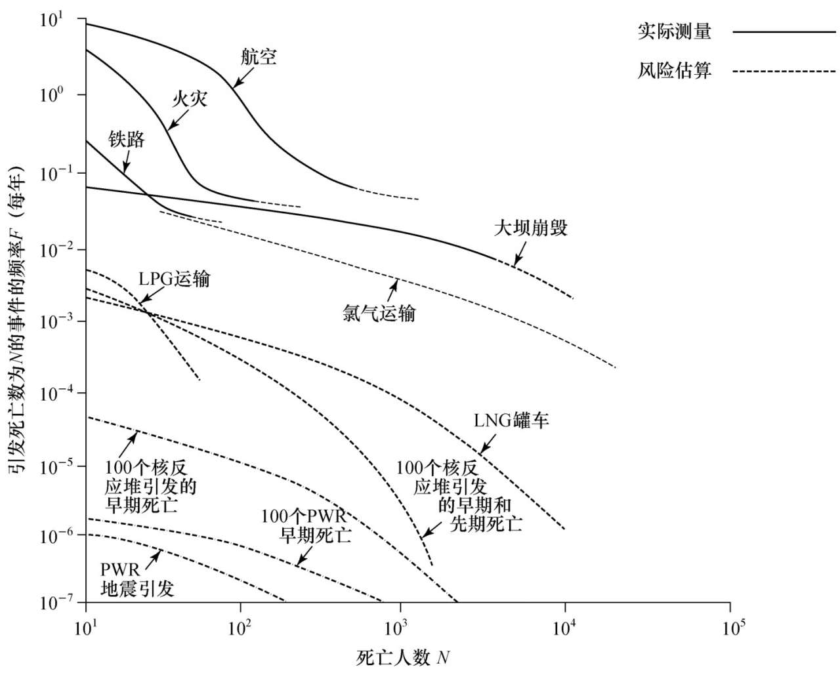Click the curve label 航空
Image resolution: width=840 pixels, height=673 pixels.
point(259,57)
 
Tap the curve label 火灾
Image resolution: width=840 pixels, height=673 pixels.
point(190,98)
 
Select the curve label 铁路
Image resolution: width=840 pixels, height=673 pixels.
point(127,138)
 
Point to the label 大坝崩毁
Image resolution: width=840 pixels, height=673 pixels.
point(530,228)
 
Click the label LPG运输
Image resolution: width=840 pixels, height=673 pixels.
point(174,279)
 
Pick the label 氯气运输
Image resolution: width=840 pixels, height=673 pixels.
point(379,313)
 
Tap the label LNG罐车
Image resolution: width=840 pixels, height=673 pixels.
point(511,420)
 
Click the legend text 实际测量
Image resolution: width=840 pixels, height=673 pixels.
point(674,31)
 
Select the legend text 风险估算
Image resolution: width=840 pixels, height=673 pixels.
point(674,71)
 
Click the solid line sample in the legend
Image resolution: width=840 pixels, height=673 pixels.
point(783,31)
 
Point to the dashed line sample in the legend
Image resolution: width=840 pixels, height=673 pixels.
point(783,71)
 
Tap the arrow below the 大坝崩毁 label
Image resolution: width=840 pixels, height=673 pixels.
point(520,254)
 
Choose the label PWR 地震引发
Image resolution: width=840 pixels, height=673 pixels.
point(137,579)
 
